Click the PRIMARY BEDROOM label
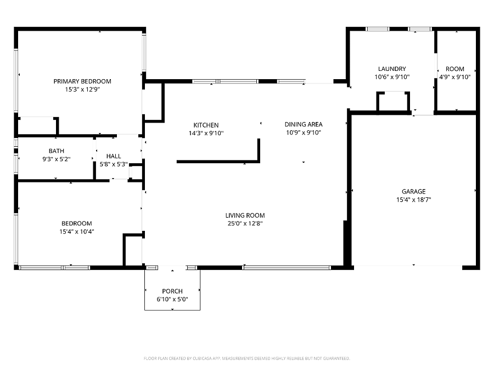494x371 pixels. pos(82,81)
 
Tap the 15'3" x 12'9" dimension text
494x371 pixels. pos(82,90)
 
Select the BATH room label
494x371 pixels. pos(57,151)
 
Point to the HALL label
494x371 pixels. pos(114,156)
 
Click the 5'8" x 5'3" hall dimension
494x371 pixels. pos(114,164)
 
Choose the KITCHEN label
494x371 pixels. pos(206,125)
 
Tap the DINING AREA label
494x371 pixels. pos(304,125)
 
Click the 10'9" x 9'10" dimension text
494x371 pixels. pos(304,133)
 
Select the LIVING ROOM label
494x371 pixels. pos(245,215)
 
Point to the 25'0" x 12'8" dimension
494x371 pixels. pos(245,224)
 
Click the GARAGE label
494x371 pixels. pos(414,191)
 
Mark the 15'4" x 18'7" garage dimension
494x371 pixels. pos(414,200)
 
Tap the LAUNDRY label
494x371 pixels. pos(392,69)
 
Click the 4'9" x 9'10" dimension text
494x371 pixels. pos(455,77)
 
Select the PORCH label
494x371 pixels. pos(172,291)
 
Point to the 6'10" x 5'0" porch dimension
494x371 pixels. pos(172,300)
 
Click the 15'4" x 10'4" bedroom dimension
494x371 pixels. pos(77,231)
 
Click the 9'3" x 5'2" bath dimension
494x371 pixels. pos(57,159)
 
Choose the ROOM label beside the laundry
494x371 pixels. pos(455,69)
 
